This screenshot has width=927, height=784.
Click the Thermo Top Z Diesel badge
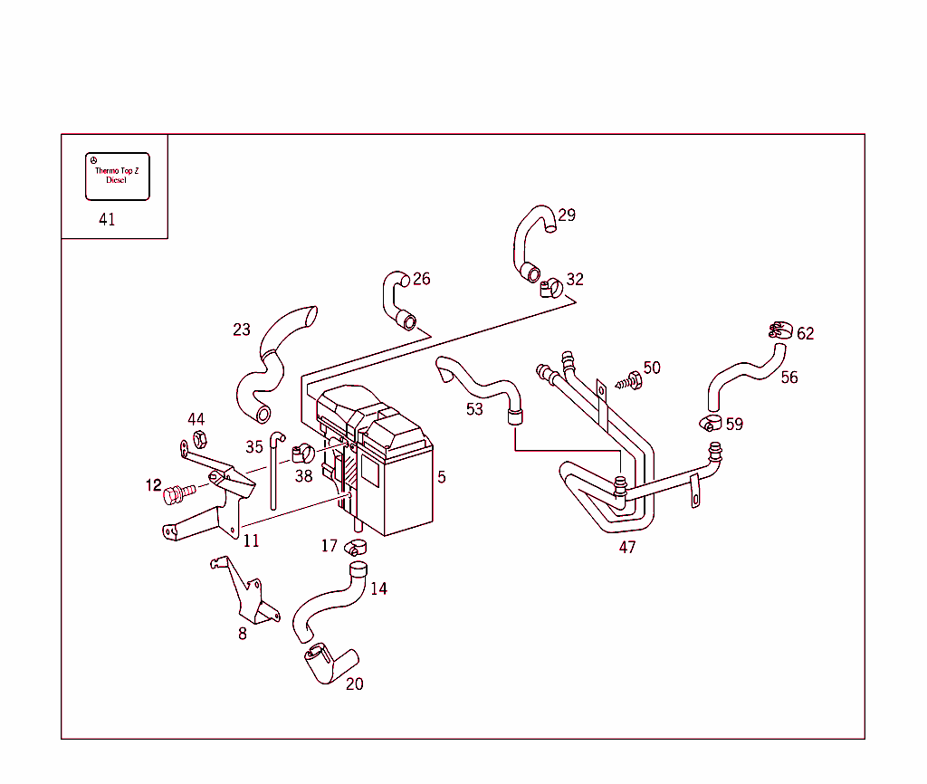click(x=117, y=176)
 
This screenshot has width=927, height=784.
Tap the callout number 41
click(x=107, y=220)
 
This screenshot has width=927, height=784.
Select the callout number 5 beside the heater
click(x=441, y=477)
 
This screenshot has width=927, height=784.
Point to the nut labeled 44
click(x=200, y=440)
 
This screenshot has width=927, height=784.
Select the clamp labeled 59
click(x=709, y=422)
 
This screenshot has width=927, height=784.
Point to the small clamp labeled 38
click(x=302, y=450)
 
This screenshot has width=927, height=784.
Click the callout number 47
click(x=627, y=547)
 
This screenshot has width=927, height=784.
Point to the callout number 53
click(x=474, y=410)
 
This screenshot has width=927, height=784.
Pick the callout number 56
click(x=789, y=378)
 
